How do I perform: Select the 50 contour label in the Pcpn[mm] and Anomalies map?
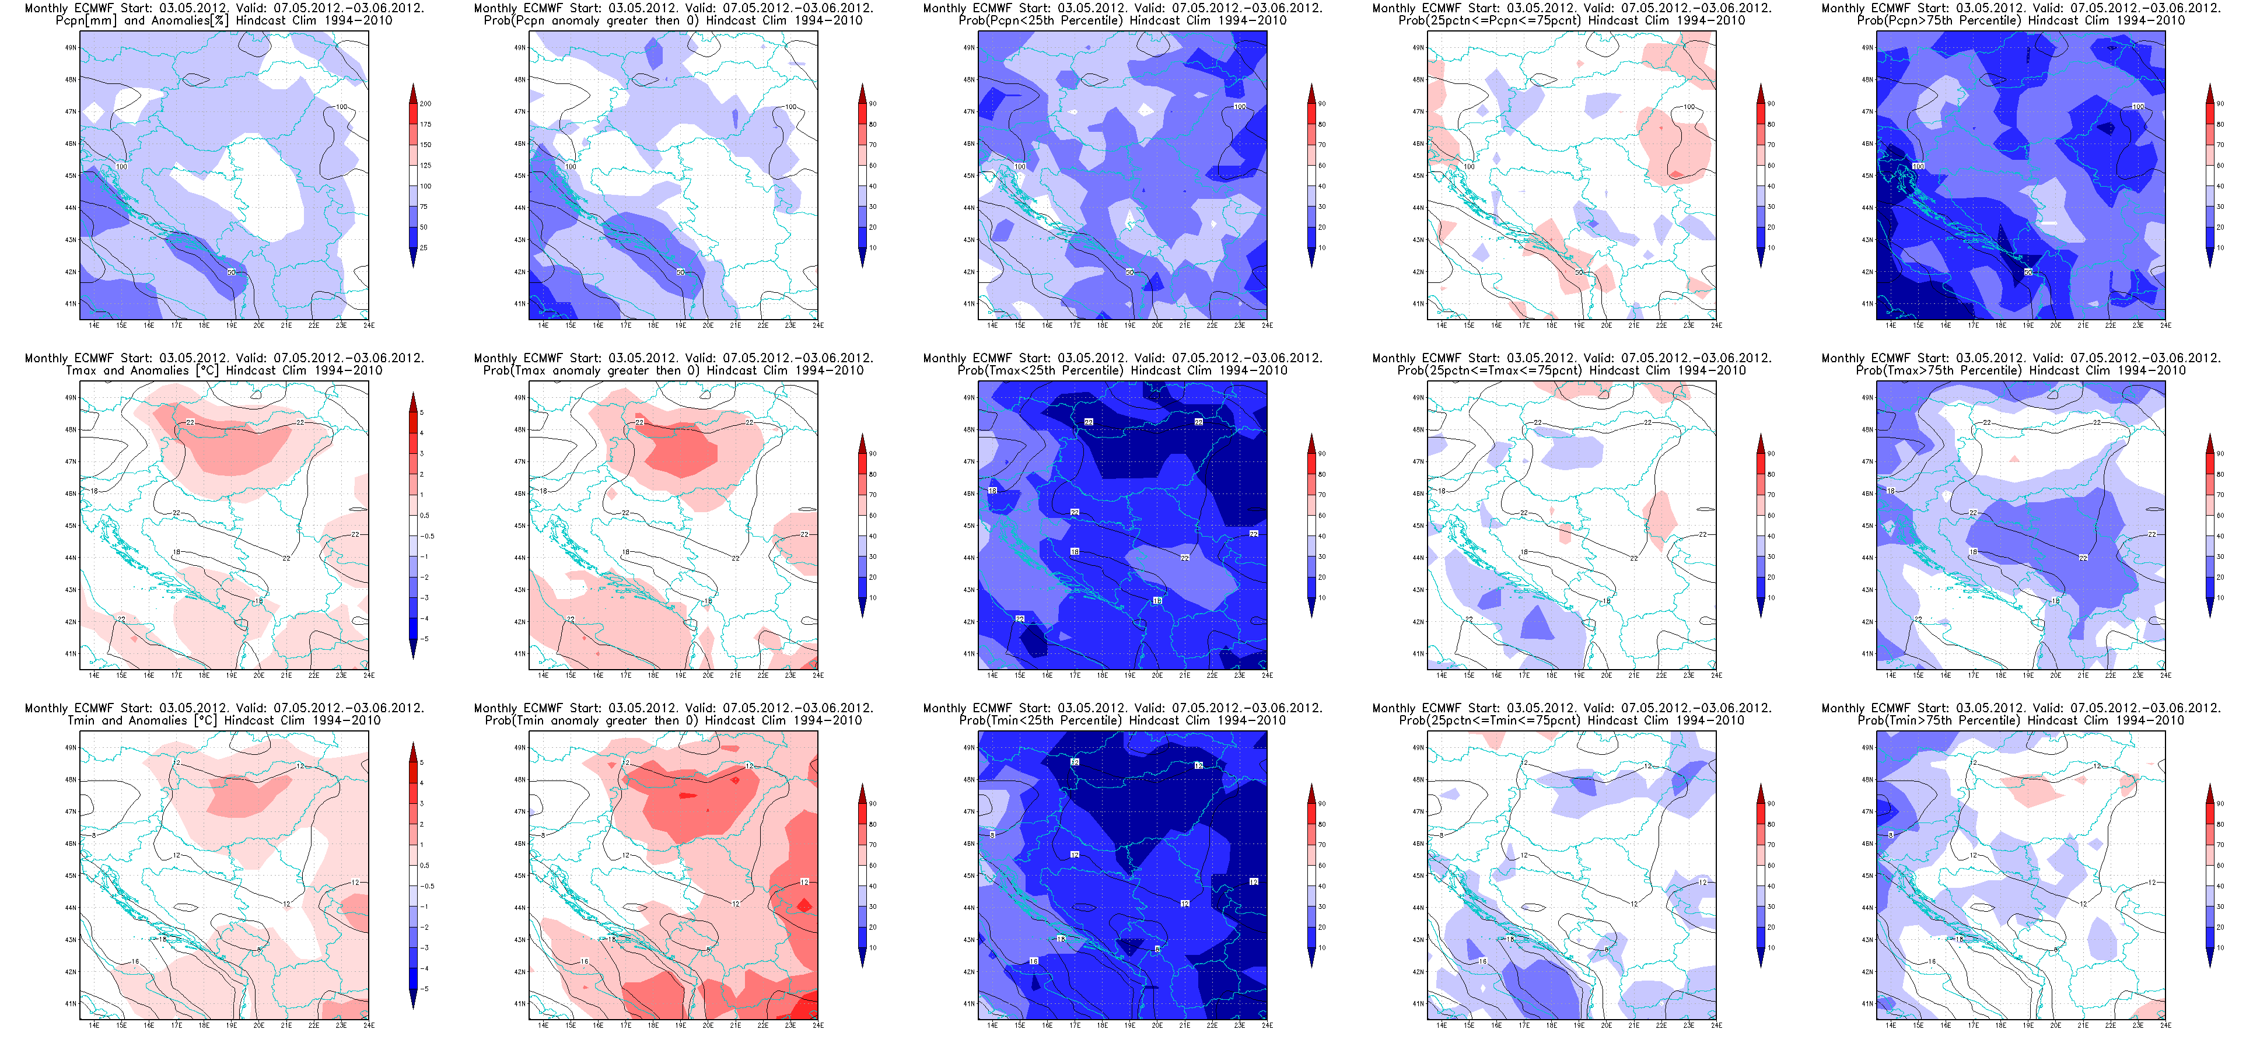231,272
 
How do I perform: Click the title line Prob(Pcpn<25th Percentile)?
1122,20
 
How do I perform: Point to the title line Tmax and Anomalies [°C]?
223,370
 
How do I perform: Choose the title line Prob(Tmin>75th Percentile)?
2020,720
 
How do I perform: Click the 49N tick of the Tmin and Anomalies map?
71,747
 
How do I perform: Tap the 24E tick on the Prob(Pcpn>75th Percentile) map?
2165,325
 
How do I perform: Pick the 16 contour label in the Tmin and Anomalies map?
135,962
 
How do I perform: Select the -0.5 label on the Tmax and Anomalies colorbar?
427,536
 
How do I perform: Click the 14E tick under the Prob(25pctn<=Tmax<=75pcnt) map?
1442,675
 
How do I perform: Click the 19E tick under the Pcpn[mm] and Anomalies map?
231,325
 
